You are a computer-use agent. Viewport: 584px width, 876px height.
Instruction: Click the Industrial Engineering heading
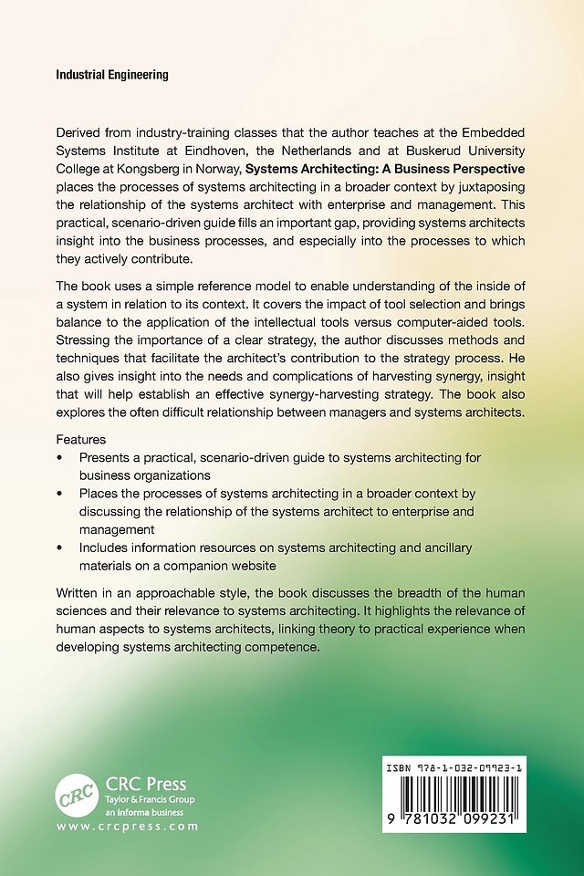(112, 76)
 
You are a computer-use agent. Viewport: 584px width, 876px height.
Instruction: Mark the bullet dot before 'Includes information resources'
(59, 547)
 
